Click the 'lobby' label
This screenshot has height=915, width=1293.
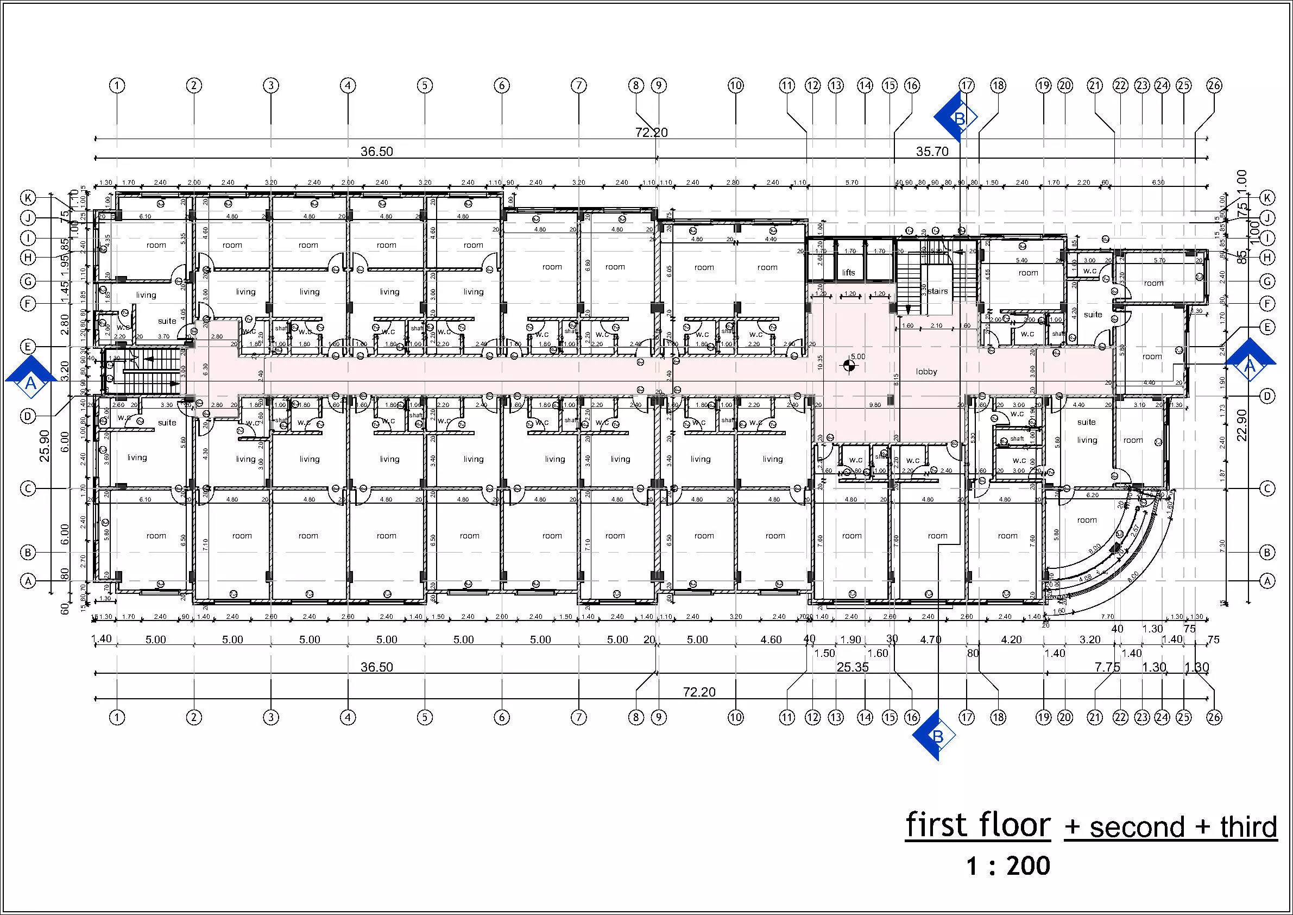[x=926, y=372]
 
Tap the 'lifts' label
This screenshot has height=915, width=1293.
[x=849, y=273]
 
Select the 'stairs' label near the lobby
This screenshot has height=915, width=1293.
[x=938, y=291]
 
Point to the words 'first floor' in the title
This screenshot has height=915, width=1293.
[x=977, y=825]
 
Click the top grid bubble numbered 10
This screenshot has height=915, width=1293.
[x=735, y=86]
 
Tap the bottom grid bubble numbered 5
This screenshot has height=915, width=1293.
[x=425, y=717]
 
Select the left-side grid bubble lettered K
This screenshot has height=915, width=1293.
[x=28, y=198]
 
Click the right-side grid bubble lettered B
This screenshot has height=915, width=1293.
[x=1266, y=553]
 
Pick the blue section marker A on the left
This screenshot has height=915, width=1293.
[x=31, y=377]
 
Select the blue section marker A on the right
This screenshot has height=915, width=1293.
[x=1250, y=365]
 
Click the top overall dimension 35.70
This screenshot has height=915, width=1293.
[x=932, y=151]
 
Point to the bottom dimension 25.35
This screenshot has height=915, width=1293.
[x=853, y=668]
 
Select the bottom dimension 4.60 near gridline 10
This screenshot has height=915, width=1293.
[x=771, y=640]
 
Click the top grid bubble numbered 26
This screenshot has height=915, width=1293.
[x=1214, y=86]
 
